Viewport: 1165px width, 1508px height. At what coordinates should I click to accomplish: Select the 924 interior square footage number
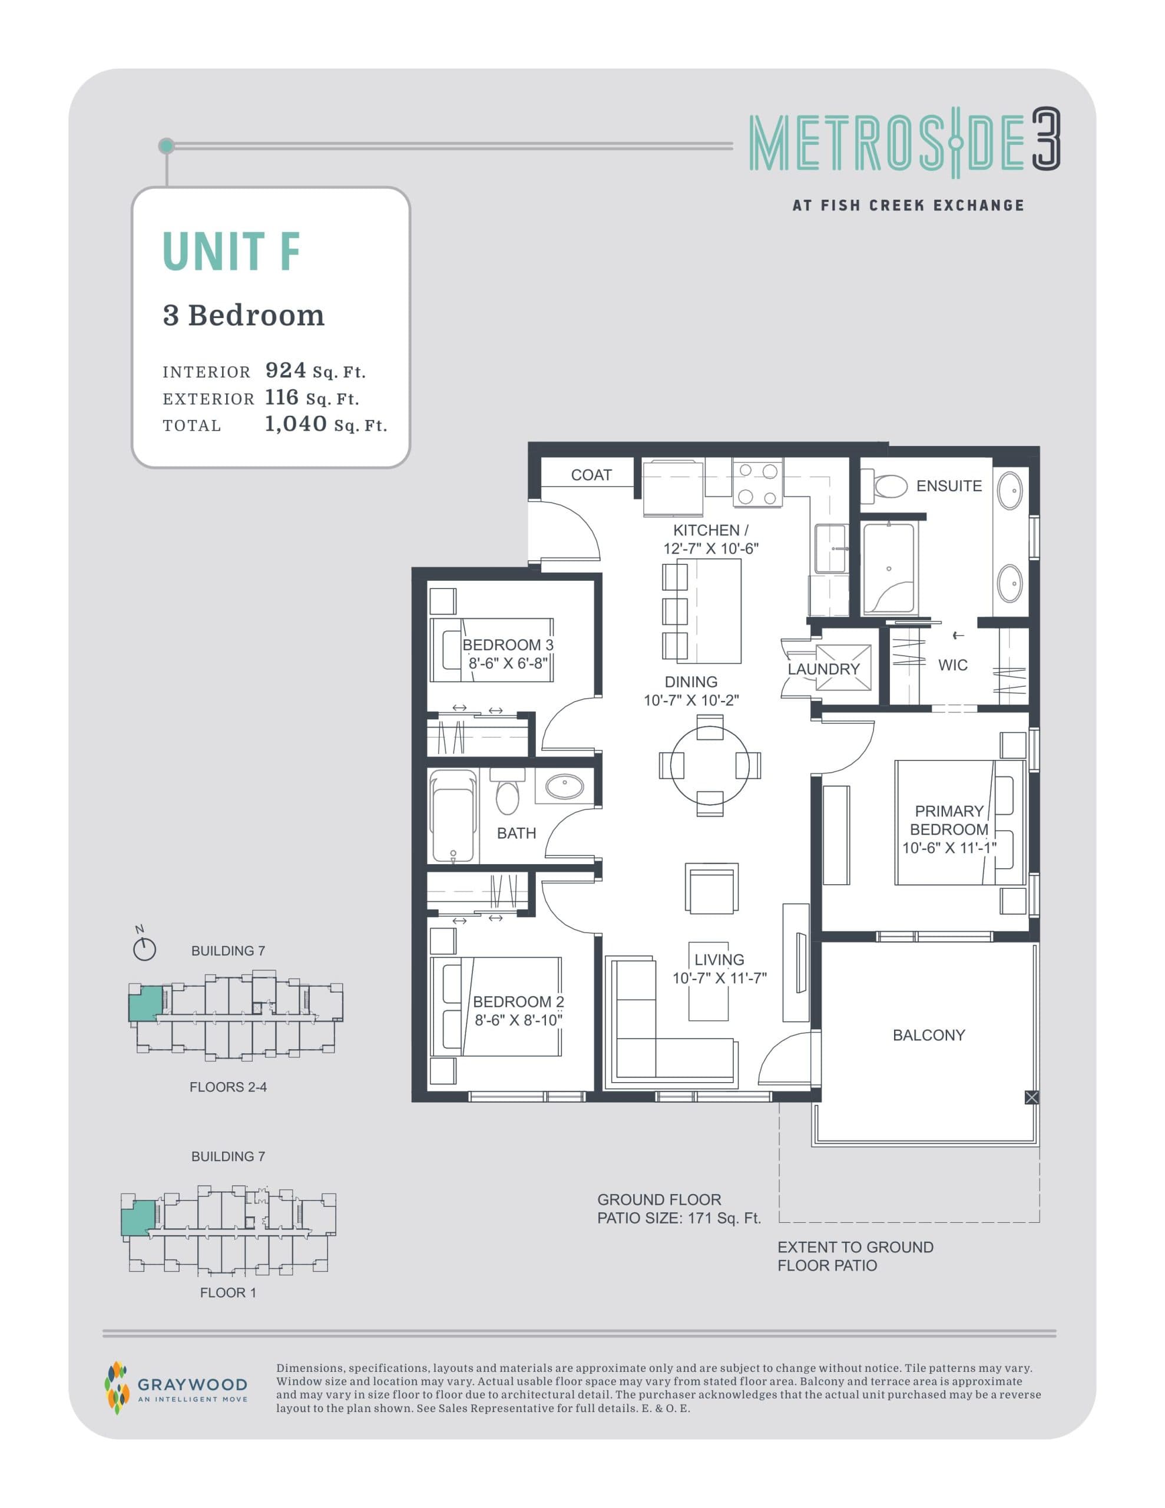tap(285, 371)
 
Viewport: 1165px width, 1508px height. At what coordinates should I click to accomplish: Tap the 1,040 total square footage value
tap(296, 424)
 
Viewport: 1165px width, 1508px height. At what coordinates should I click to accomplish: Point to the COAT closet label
tap(591, 475)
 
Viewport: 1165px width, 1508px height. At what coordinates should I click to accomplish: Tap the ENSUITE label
tap(948, 486)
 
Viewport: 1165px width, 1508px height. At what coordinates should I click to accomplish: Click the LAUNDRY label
tap(823, 669)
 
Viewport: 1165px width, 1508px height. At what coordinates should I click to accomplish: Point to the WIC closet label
tap(952, 665)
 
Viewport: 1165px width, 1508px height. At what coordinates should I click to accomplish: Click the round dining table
tap(710, 765)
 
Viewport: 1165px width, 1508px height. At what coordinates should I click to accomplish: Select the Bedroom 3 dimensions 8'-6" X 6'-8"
tap(508, 663)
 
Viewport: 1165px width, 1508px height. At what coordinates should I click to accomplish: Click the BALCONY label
tap(928, 1035)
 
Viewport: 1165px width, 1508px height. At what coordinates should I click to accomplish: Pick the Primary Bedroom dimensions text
tap(949, 848)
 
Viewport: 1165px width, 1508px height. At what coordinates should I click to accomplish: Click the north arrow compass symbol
tap(144, 950)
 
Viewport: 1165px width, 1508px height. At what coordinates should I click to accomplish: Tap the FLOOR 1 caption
tap(228, 1292)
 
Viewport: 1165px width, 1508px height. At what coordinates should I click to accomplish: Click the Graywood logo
tap(176, 1388)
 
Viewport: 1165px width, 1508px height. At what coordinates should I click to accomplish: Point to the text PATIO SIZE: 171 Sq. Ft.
tap(679, 1219)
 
